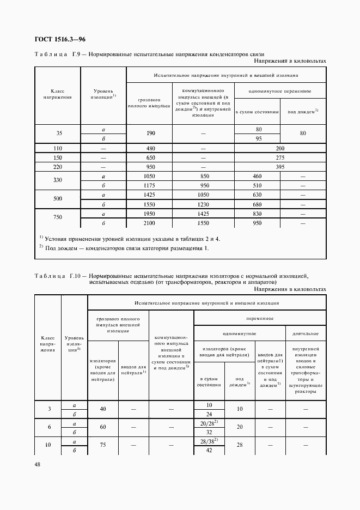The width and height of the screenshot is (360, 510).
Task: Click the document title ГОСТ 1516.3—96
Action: coord(60,39)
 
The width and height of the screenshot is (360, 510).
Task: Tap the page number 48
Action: coord(38,464)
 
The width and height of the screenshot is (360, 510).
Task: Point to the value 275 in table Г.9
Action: coord(280,157)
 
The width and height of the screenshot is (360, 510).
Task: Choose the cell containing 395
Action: coord(280,167)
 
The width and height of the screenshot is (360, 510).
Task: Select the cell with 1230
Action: coord(203,204)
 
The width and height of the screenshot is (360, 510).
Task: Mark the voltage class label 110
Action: coord(57,149)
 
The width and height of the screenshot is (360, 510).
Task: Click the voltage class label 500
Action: coord(57,199)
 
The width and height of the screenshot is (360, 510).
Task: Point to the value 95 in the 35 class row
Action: coord(258,139)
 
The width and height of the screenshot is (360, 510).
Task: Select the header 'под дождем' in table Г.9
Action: coord(303,112)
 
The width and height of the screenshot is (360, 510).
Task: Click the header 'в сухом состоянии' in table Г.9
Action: coord(257,112)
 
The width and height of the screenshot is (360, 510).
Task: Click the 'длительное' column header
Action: coord(305,333)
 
